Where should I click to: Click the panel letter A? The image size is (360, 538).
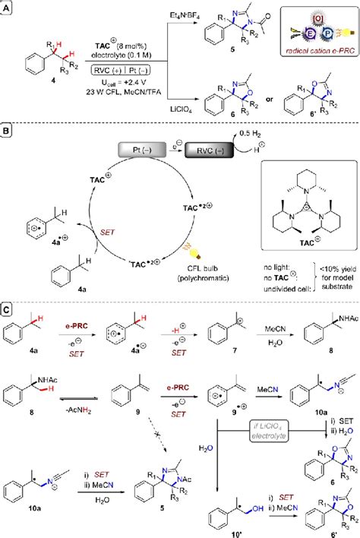(7, 6)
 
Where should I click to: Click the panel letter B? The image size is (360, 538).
(7, 132)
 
